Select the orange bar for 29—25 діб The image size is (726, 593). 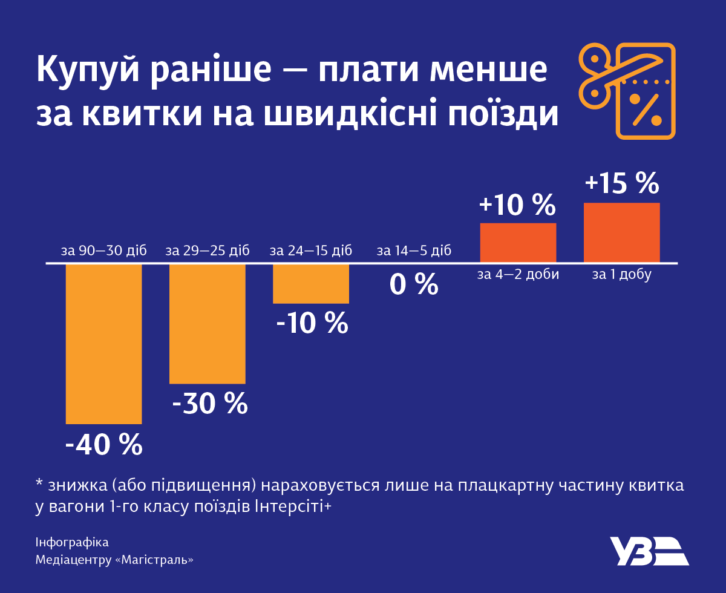pyautogui.click(x=207, y=324)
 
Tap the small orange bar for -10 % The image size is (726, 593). pyautogui.click(x=311, y=284)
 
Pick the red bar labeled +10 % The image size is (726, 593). pyautogui.click(x=518, y=243)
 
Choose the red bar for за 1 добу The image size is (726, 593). pyautogui.click(x=621, y=233)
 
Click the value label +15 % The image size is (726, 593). pyautogui.click(x=621, y=183)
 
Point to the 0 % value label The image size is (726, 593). pyautogui.click(x=414, y=284)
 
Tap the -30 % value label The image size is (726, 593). pyautogui.click(x=210, y=404)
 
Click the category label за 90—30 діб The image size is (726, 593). pyautogui.click(x=103, y=251)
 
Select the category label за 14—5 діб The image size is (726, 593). pyautogui.click(x=414, y=251)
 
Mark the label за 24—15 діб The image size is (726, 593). pyautogui.click(x=311, y=251)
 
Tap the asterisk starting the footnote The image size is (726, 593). pyautogui.click(x=39, y=485)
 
